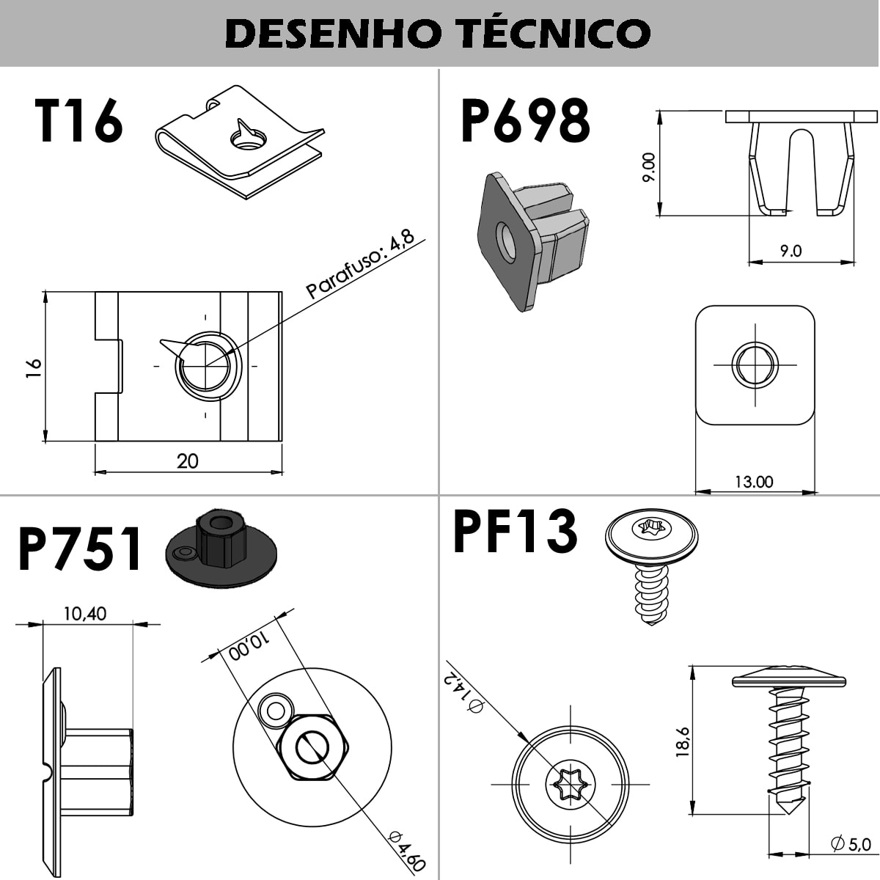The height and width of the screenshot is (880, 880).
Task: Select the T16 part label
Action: tap(78, 122)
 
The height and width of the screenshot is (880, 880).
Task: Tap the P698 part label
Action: tap(525, 122)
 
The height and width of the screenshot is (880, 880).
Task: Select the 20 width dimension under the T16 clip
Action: tap(188, 461)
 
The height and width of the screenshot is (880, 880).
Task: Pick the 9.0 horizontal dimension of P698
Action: tap(791, 251)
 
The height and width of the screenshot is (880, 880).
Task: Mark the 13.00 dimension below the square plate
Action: tap(754, 482)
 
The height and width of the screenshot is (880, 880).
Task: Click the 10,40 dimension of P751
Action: tap(84, 614)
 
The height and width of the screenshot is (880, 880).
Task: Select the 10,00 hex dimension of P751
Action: tap(249, 646)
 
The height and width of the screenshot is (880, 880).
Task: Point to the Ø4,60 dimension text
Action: tap(408, 851)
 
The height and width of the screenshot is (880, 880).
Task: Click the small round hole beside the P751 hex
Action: tap(276, 710)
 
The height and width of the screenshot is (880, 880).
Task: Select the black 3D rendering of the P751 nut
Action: tap(221, 549)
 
